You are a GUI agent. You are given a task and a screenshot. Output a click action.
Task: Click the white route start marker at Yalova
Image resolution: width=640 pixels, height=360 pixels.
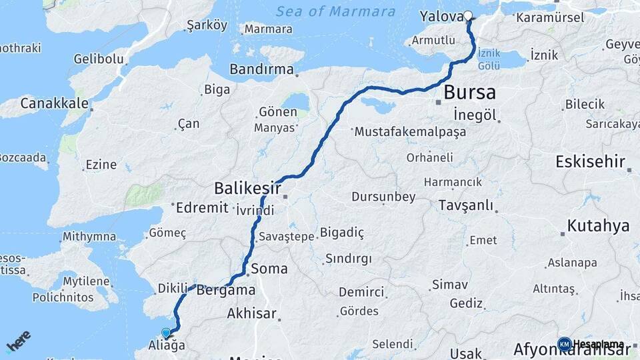tap(468, 16)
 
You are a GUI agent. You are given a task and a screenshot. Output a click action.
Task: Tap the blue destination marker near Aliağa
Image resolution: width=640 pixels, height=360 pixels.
tap(166, 332)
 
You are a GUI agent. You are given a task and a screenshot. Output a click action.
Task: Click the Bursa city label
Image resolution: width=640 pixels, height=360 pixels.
tap(469, 92)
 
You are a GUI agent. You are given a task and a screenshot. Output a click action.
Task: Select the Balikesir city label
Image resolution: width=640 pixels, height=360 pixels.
tap(247, 187)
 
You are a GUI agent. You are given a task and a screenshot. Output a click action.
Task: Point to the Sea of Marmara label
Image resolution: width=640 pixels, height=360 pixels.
tap(335, 11)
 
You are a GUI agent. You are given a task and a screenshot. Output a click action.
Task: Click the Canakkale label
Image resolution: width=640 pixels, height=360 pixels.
tap(54, 103)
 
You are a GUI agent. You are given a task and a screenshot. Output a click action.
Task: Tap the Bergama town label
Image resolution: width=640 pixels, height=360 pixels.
tap(226, 290)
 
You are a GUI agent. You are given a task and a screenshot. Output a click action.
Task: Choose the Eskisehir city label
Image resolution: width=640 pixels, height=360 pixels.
tap(590, 162)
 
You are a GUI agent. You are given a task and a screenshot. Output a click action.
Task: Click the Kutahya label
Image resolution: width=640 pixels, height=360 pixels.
tap(599, 225)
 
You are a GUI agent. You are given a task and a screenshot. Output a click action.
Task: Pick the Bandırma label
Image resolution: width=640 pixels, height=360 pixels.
tap(261, 69)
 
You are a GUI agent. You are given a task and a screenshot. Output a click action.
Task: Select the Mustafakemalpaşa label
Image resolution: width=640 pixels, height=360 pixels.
tap(410, 132)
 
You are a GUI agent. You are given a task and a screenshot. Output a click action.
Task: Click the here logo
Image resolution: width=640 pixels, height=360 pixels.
tap(19, 341)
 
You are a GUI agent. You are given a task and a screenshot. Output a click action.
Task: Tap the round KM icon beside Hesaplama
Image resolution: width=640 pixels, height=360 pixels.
tap(564, 344)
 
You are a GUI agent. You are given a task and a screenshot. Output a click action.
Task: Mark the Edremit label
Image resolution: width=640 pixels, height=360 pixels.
tap(201, 208)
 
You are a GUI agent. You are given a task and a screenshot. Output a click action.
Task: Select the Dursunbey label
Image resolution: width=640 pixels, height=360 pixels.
tap(384, 197)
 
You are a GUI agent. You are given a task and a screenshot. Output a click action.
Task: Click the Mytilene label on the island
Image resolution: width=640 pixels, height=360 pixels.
tap(86, 281)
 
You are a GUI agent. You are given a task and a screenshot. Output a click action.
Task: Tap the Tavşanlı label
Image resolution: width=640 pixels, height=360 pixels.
tap(465, 206)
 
